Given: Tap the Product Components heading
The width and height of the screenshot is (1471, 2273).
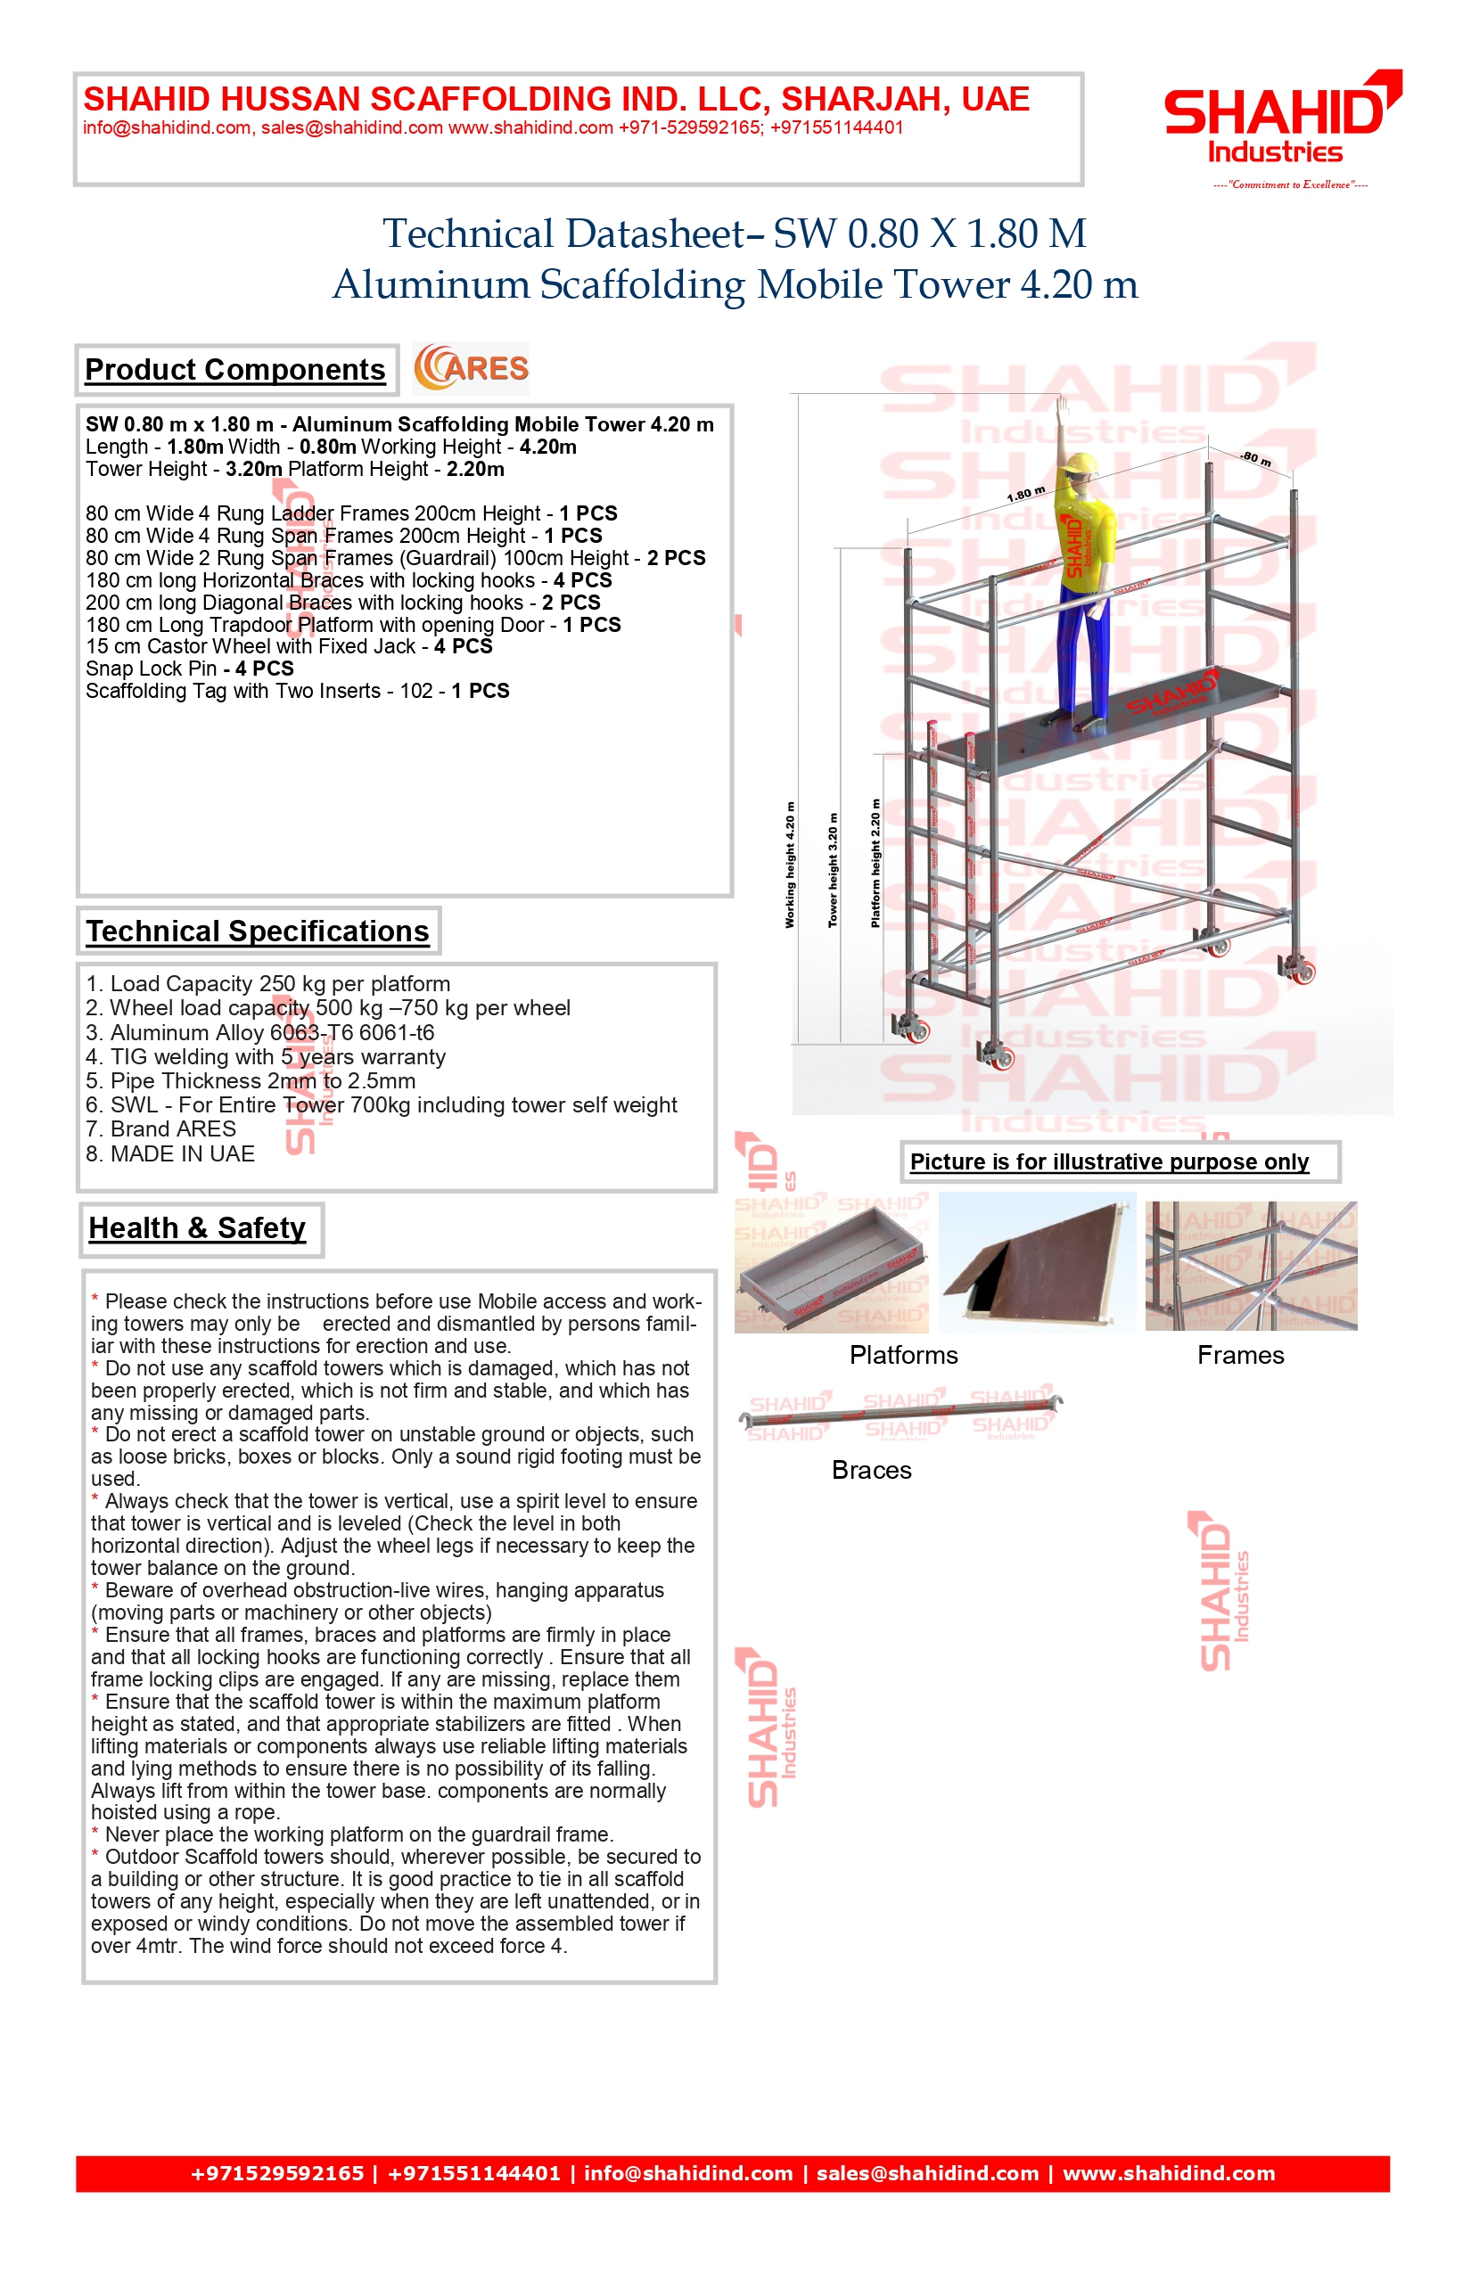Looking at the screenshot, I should pyautogui.click(x=235, y=370).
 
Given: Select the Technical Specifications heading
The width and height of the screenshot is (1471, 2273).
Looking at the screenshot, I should pyautogui.click(x=257, y=931).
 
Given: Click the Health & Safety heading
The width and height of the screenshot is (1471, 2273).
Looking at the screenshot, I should pyautogui.click(x=198, y=1228).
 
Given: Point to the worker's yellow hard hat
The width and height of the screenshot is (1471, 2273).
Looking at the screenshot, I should pyautogui.click(x=1081, y=464).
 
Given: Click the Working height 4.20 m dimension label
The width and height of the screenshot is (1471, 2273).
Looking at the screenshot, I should pyautogui.click(x=790, y=865).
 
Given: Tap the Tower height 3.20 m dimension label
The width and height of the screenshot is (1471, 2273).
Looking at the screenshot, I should pyautogui.click(x=833, y=870).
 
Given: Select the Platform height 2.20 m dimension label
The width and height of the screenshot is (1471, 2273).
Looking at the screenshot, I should pyautogui.click(x=875, y=864).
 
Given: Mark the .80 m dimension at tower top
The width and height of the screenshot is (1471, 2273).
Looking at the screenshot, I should pyautogui.click(x=1255, y=459).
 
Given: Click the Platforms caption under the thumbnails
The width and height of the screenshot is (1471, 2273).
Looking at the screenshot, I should pyautogui.click(x=904, y=1355).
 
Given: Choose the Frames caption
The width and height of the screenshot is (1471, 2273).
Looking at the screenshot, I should pyautogui.click(x=1241, y=1355).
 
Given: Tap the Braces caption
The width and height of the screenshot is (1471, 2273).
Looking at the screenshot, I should pyautogui.click(x=871, y=1470).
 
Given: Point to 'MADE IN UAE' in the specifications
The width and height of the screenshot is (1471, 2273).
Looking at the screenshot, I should pyautogui.click(x=170, y=1153).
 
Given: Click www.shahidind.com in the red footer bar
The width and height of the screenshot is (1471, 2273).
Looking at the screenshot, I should pyautogui.click(x=1169, y=2174).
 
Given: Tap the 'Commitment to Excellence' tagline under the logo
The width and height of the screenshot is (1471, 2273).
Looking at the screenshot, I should pyautogui.click(x=1289, y=185).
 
